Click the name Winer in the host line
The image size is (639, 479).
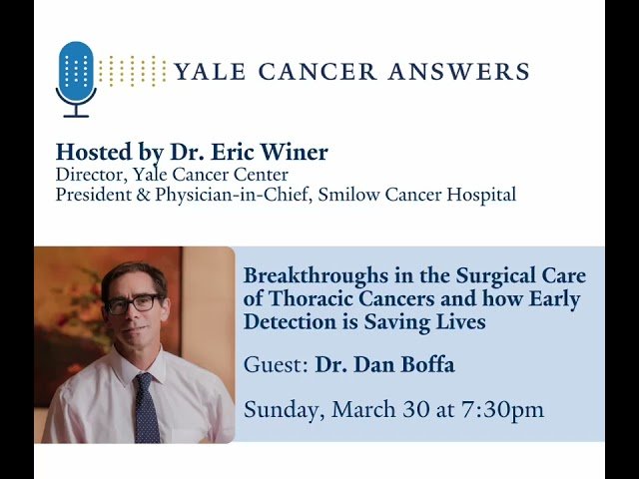click(296, 153)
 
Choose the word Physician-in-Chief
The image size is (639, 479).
click(211, 195)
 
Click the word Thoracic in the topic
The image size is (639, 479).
click(303, 298)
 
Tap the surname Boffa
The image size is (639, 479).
click(427, 365)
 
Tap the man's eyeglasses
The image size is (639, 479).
click(132, 303)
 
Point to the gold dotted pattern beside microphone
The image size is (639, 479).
click(132, 71)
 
